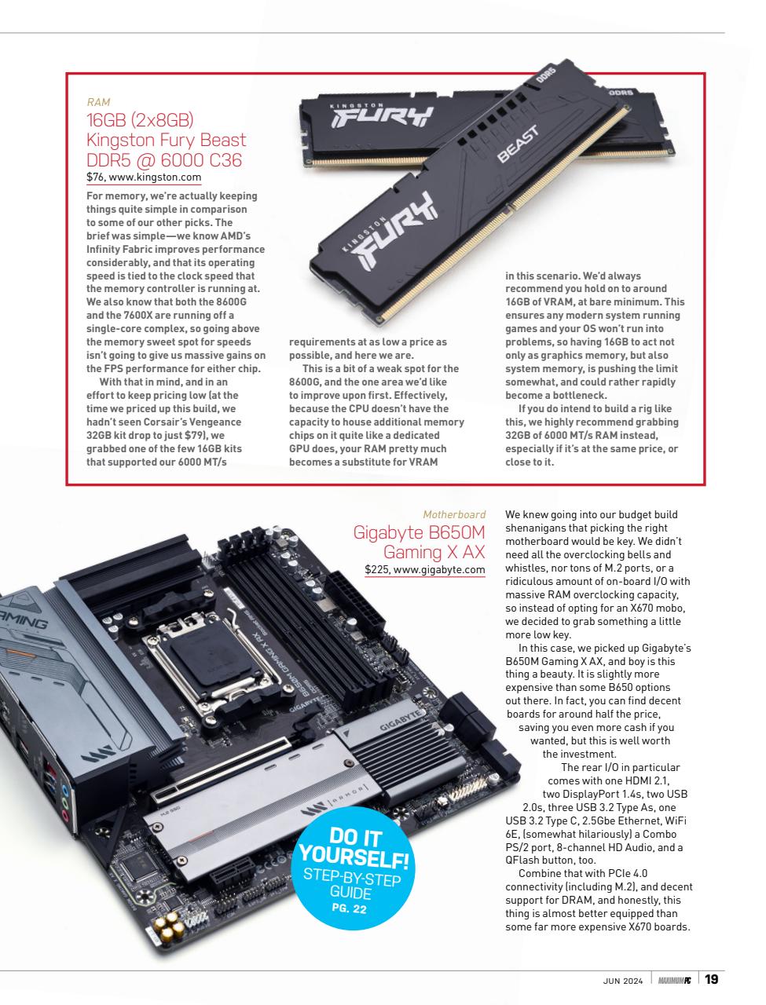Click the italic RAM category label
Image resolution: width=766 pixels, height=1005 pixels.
98,102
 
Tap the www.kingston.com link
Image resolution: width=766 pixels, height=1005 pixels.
155,177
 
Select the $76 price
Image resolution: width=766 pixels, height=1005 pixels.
95,177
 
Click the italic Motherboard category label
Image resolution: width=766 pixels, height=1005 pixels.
453,514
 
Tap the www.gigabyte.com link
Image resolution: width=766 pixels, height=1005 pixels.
439,569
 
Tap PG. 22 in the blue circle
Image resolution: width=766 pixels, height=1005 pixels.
349,908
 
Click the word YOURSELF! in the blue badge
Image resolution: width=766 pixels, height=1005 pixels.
354,857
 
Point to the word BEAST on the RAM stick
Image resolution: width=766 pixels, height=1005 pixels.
519,144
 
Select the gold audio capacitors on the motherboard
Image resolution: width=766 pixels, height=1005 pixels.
170,926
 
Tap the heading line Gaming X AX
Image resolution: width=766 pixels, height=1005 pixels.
434,552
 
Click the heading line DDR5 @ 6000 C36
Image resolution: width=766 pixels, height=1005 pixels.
164,160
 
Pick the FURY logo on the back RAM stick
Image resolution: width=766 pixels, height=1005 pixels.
382,117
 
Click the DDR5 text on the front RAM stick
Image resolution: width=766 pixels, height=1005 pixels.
546,74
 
